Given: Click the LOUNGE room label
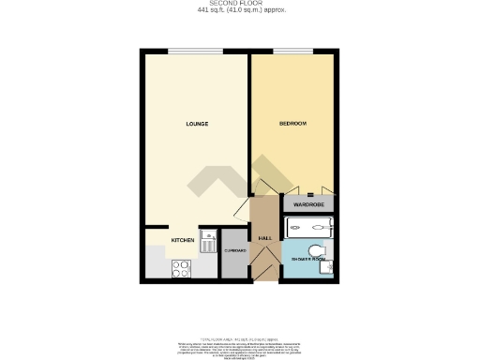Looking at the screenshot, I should pyautogui.click(x=196, y=124).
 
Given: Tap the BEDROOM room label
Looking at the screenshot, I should pyautogui.click(x=292, y=124).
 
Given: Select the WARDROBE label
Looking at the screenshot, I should pyautogui.click(x=308, y=203).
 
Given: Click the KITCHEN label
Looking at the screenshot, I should pyautogui.click(x=182, y=241).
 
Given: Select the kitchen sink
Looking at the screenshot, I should pyautogui.click(x=207, y=243).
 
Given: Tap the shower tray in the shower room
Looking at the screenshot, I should pyautogui.click(x=309, y=225).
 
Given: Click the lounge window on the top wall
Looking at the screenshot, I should pyautogui.click(x=196, y=51).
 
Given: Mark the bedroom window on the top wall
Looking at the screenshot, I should pyautogui.click(x=292, y=51).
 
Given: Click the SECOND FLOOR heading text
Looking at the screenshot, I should pyautogui.click(x=241, y=4).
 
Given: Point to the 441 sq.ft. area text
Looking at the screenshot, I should pyautogui.click(x=241, y=10).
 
